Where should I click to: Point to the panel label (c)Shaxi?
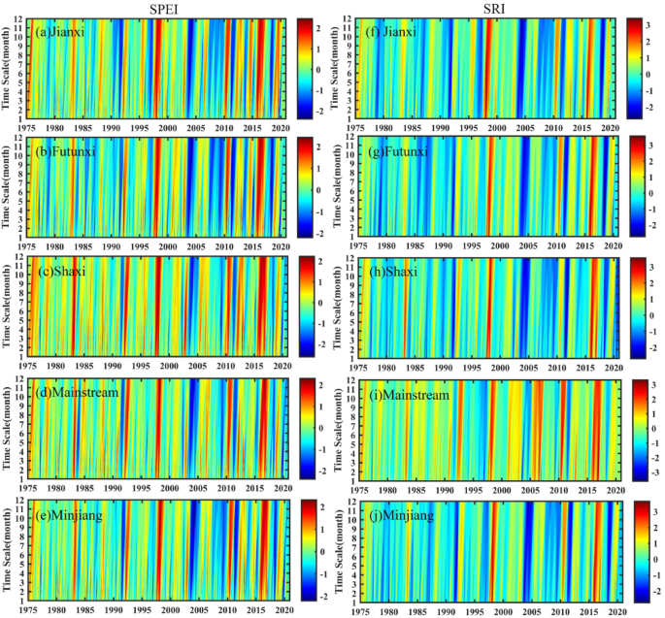click(x=60, y=271)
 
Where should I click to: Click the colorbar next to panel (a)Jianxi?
click(x=304, y=63)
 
